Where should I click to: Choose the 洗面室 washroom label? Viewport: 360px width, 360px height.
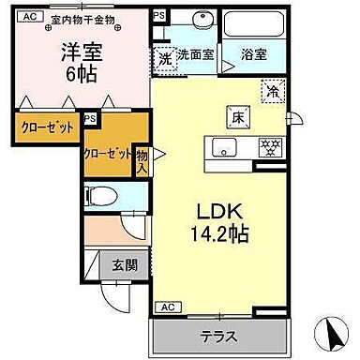pos(196,54)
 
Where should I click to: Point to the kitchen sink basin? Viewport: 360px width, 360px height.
pos(224,145)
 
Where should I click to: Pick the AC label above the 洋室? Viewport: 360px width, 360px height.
pos(29,16)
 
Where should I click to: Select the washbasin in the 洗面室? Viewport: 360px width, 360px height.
pos(200,22)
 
